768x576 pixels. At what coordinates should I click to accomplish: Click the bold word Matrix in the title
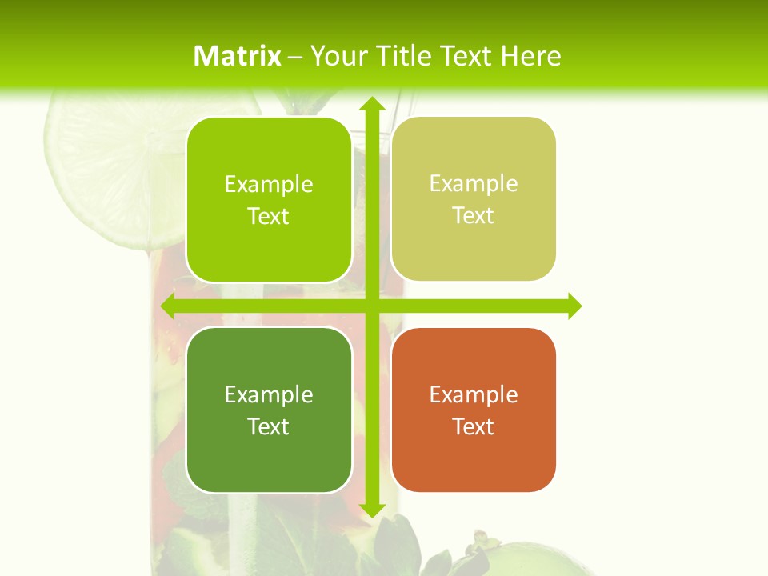tap(238, 56)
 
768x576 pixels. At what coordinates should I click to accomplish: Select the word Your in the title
tap(335, 56)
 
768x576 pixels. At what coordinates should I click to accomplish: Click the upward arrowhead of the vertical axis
tap(371, 105)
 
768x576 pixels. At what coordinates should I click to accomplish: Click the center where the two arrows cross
tap(371, 306)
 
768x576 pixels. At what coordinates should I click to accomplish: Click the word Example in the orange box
tap(474, 394)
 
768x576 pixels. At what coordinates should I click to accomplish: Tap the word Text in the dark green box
tap(269, 426)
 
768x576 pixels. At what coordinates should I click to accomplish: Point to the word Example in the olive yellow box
tap(474, 183)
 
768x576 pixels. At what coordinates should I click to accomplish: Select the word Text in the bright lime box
tap(269, 216)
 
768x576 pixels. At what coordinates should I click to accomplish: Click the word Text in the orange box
tap(474, 426)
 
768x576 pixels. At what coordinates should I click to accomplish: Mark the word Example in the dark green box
tap(269, 394)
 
